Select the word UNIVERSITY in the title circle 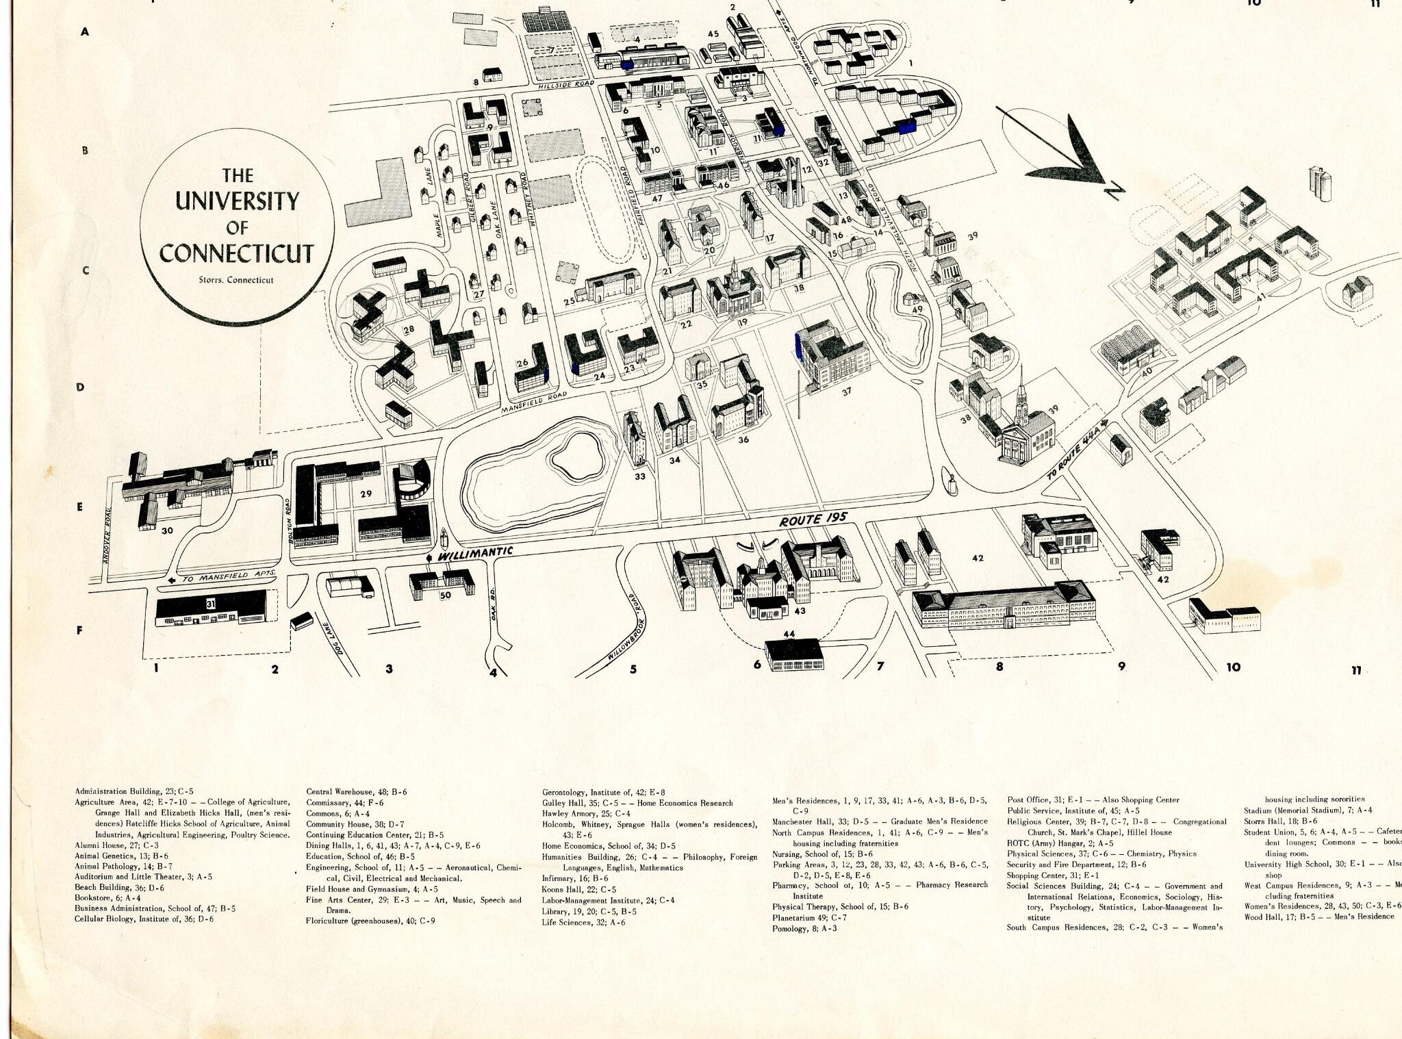click(x=237, y=201)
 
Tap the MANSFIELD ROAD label click(x=535, y=402)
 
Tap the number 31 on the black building click(x=211, y=603)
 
